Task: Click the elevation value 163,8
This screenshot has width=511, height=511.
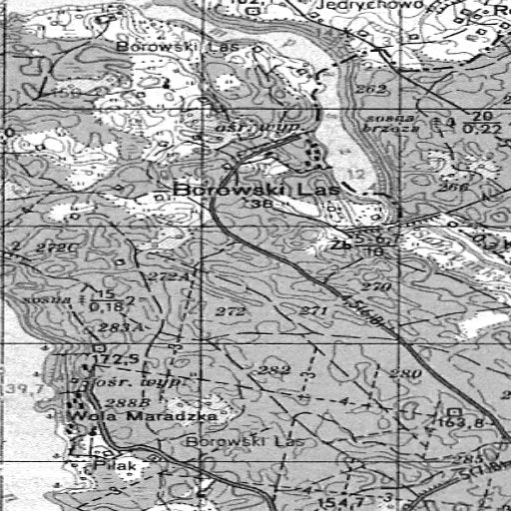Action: click(x=459, y=424)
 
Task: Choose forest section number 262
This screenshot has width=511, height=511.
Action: click(x=370, y=90)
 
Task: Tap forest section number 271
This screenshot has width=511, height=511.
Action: click(x=313, y=311)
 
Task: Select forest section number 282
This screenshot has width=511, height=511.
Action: click(x=273, y=371)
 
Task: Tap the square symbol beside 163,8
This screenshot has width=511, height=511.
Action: click(x=454, y=411)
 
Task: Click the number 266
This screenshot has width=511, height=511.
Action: click(x=454, y=187)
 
